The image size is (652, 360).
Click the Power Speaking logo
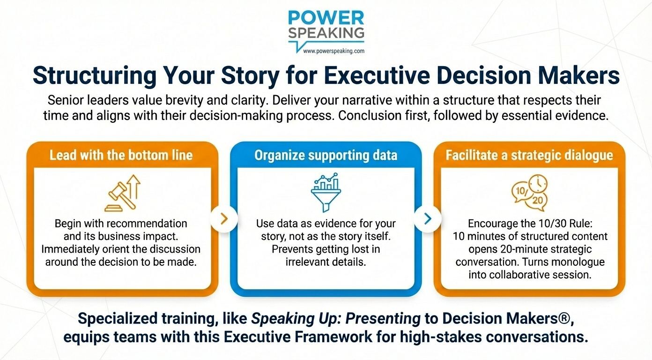pyautogui.click(x=326, y=25)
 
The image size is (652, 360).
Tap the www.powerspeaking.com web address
pyautogui.click(x=333, y=51)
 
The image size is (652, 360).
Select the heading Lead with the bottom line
pyautogui.click(x=121, y=155)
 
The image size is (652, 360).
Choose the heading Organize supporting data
pyautogui.click(x=326, y=155)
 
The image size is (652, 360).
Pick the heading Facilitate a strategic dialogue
pyautogui.click(x=529, y=155)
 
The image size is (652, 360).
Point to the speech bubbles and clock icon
pyautogui.click(x=529, y=193)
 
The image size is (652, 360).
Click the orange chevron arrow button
pyautogui.click(x=224, y=218)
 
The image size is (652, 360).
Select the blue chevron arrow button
pyautogui.click(x=428, y=218)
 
